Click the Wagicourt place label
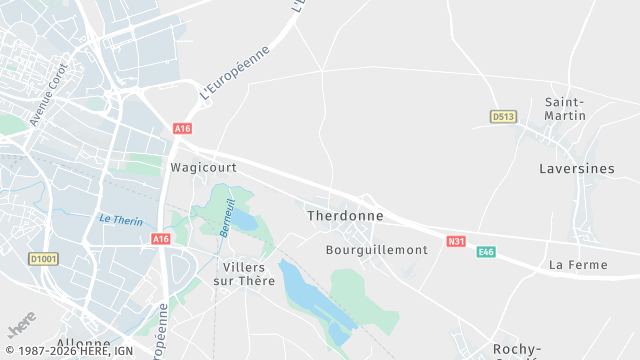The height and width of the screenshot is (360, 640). click(x=203, y=168)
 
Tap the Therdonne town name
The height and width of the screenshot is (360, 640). click(x=340, y=215)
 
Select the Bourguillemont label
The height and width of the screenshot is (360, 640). click(x=377, y=249)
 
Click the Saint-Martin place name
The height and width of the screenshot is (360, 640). click(x=565, y=109)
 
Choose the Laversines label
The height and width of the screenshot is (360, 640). click(x=576, y=169)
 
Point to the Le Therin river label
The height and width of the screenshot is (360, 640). click(x=120, y=220)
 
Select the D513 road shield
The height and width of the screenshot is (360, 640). click(x=503, y=117)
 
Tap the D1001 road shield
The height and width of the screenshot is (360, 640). click(x=42, y=259)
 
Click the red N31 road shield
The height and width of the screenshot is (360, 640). click(x=456, y=241)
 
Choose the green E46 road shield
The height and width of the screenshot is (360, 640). click(x=486, y=252)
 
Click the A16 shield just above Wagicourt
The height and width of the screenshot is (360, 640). click(x=182, y=129)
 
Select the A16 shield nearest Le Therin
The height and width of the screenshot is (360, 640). click(x=161, y=239)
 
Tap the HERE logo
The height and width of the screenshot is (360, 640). click(x=20, y=328)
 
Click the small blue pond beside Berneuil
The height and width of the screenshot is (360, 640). click(x=243, y=219)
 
